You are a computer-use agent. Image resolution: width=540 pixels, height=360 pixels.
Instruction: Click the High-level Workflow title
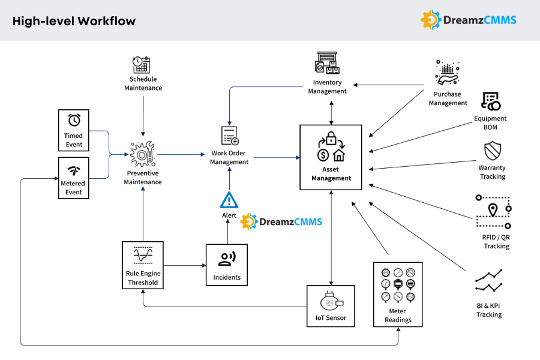point(74,21)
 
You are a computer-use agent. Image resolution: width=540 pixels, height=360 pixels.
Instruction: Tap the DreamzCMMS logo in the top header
point(469,20)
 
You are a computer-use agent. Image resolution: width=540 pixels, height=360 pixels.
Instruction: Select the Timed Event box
point(74,130)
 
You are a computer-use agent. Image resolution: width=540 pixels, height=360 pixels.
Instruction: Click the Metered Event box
point(74,178)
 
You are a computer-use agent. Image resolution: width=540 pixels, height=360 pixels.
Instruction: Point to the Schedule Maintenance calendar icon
point(142,65)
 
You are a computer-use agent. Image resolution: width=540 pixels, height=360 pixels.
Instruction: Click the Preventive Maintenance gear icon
point(143,154)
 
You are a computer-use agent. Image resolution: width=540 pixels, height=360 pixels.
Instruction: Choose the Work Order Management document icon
point(229,136)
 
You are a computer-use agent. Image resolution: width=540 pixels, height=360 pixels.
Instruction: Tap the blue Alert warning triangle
point(229,199)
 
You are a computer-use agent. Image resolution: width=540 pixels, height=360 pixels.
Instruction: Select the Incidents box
point(227,265)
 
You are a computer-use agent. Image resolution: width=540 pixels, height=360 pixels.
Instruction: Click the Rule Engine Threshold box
point(143,265)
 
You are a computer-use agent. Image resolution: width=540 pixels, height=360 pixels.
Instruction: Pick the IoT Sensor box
point(331,305)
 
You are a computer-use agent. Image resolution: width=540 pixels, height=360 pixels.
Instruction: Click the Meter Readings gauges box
point(398,294)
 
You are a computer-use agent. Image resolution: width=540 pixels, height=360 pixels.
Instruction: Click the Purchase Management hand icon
point(448,74)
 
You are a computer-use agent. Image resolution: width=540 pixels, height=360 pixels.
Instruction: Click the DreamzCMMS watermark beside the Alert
point(281,221)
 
